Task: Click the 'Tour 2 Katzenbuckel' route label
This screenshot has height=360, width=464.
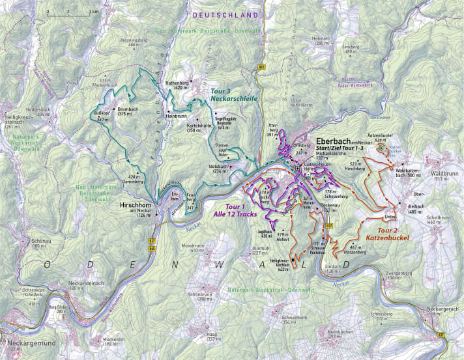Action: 387,234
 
